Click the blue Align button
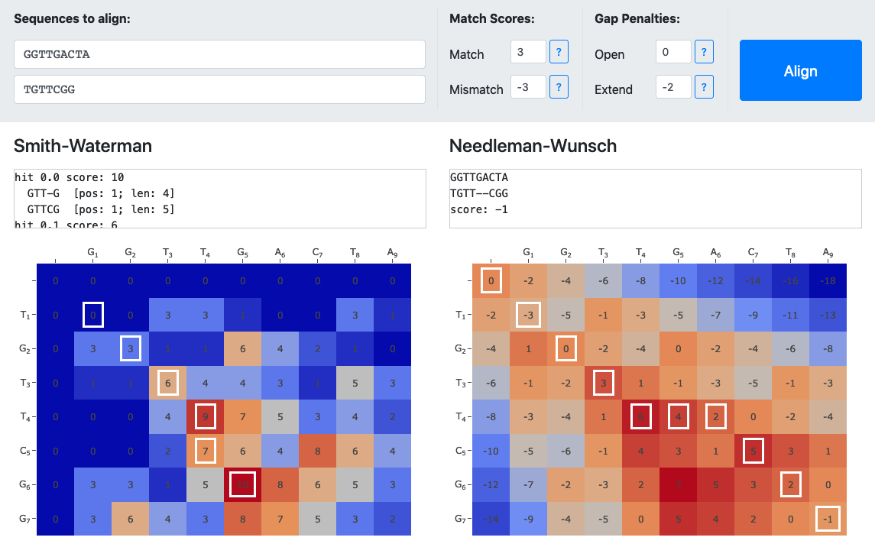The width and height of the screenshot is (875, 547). [x=800, y=71]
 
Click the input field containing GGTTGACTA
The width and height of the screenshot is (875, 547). [x=219, y=54]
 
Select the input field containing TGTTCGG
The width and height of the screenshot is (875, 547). [x=219, y=89]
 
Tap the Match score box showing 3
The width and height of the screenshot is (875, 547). [x=528, y=52]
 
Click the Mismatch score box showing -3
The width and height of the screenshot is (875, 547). [x=528, y=87]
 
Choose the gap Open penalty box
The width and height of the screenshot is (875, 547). [x=673, y=52]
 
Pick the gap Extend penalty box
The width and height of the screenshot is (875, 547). [x=673, y=87]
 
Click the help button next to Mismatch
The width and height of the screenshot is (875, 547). [x=559, y=87]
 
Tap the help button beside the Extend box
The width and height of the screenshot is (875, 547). [x=704, y=87]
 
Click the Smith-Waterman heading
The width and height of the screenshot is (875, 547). [x=83, y=146]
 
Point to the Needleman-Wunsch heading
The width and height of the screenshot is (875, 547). [x=533, y=146]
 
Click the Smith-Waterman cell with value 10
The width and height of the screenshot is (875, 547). [x=242, y=484]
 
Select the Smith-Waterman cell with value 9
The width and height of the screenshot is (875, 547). [x=205, y=416]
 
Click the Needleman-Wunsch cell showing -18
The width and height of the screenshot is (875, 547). [x=828, y=281]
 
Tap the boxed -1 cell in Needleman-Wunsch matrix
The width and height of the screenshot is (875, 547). [x=828, y=518]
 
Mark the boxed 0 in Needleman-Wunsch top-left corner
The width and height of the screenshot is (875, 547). [x=491, y=281]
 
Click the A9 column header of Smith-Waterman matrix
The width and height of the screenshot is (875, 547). [x=392, y=253]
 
